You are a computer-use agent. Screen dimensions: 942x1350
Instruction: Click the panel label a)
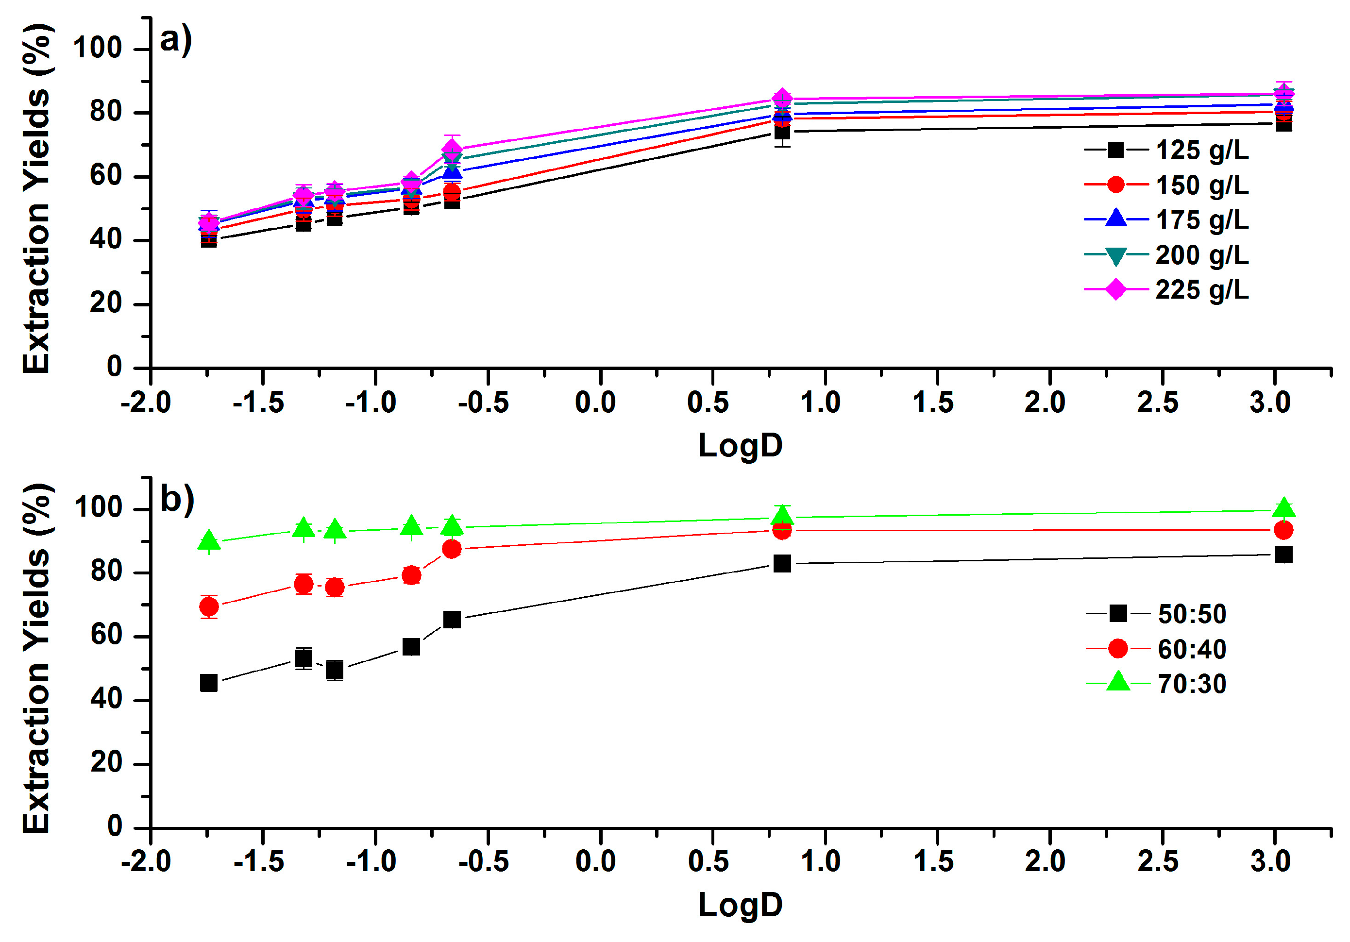pos(176,40)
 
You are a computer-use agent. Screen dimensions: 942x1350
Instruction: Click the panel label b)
pos(176,500)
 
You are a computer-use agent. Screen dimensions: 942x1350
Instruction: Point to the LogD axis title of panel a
pos(740,445)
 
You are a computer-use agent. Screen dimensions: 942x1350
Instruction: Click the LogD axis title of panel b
pos(740,905)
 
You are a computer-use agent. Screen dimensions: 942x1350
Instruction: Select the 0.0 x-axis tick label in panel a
pos(595,403)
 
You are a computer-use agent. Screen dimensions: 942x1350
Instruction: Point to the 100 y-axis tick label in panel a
pos(97,48)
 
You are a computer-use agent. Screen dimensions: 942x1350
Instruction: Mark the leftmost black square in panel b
pos(209,683)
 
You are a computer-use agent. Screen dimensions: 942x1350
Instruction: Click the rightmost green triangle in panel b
pos(1284,508)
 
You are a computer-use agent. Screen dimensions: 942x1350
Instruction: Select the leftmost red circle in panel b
pos(209,607)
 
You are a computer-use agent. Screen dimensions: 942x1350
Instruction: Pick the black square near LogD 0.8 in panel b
pos(782,564)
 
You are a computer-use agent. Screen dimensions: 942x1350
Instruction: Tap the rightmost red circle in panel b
pos(1283,530)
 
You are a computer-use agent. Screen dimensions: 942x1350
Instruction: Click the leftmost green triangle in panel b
pos(209,541)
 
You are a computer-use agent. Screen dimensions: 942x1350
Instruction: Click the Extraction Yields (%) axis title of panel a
pos(36,199)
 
